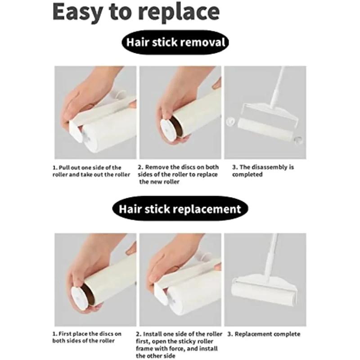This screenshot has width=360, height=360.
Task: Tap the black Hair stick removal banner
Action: pos(175,43)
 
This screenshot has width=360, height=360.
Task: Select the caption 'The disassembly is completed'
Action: pos(263,171)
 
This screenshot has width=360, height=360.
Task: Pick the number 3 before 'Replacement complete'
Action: pos(229,334)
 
